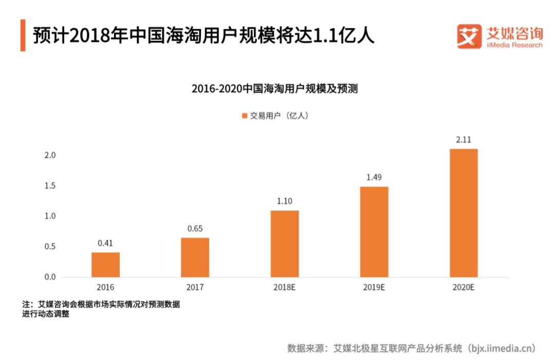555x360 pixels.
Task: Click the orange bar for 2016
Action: pos(105,265)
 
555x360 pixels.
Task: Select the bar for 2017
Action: pos(195,257)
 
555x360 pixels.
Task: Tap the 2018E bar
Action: pos(285,244)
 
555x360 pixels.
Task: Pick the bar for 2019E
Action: pos(374,232)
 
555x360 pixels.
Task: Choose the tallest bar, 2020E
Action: pos(464,213)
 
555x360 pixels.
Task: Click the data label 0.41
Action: pos(105,243)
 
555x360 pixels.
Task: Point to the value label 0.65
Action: pos(195,228)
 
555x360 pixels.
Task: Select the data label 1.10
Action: pos(285,201)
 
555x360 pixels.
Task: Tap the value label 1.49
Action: pos(374,177)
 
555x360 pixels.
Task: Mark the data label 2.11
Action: pos(464,139)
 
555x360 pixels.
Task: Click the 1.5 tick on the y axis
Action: pos(49,186)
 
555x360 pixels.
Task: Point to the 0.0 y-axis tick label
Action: pos(49,277)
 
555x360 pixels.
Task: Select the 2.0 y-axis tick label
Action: pos(49,155)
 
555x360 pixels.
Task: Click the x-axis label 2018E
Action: pos(285,287)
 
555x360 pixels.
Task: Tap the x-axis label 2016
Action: pos(105,287)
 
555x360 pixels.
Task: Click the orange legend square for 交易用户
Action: pos(245,116)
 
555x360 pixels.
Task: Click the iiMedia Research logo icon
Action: pos(469,37)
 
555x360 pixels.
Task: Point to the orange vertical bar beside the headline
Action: pos(23,35)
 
